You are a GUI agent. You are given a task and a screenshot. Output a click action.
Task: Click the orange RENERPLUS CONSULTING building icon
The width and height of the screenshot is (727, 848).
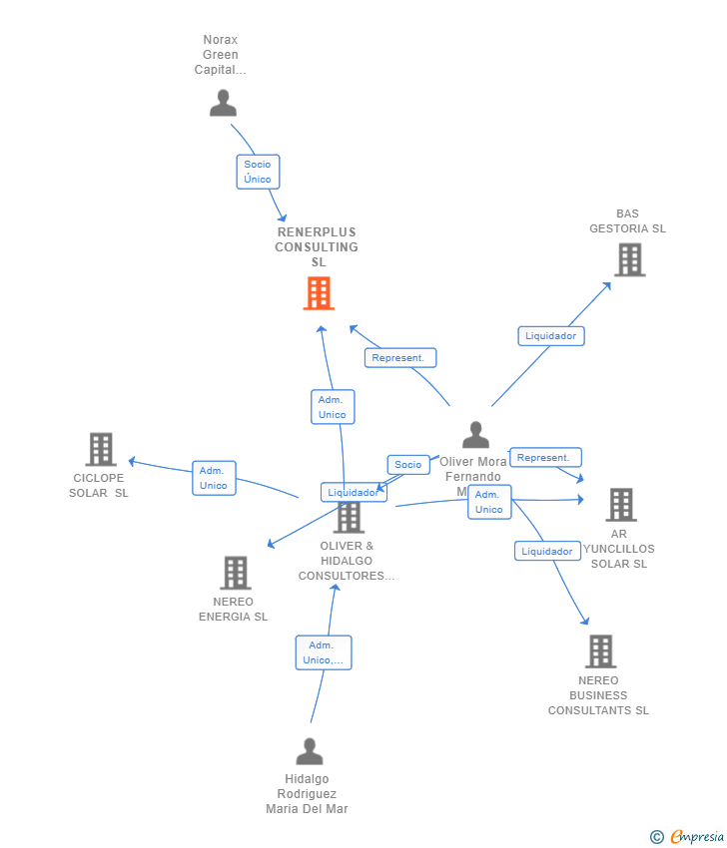pos(319,293)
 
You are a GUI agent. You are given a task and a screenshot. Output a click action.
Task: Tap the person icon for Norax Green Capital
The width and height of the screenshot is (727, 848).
pos(223,103)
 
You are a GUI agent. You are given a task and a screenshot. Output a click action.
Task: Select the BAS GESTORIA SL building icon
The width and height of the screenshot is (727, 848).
pos(629,259)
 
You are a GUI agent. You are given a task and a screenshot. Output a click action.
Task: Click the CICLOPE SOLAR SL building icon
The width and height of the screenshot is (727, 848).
pos(101,450)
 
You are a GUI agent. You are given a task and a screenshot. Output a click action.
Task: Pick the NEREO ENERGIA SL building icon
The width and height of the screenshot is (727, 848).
pos(236,573)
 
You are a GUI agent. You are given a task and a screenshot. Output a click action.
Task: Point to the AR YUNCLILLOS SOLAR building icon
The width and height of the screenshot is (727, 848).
pos(621,505)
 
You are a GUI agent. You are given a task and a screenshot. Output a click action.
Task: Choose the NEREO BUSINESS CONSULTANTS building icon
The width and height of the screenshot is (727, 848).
pos(600,651)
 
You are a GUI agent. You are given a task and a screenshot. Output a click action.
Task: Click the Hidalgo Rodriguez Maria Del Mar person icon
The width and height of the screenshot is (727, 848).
pos(310,751)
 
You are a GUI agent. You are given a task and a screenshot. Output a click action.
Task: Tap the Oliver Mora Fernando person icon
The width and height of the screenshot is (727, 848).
pos(476,435)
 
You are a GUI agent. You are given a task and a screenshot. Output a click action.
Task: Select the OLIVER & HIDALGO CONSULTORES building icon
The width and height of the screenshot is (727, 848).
pos(349,517)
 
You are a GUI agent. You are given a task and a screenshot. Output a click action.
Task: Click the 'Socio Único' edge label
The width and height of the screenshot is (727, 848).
pos(258,172)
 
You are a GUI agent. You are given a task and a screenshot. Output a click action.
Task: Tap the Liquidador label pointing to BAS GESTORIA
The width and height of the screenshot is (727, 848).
pos(551,336)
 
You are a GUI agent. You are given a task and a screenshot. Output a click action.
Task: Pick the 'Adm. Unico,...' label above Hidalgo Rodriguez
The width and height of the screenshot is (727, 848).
pos(324,652)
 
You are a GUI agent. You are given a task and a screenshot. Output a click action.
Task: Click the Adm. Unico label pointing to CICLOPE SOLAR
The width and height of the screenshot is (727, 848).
pos(214,478)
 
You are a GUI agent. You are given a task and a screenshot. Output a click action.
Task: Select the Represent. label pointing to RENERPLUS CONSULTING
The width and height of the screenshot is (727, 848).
pos(399,358)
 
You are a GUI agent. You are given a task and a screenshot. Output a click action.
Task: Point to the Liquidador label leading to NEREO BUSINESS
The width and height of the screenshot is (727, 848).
pos(547,552)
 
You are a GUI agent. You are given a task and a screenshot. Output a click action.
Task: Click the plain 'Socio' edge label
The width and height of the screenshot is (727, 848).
pos(408,465)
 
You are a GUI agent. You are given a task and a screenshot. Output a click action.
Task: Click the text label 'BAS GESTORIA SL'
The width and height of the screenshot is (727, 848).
pos(627,221)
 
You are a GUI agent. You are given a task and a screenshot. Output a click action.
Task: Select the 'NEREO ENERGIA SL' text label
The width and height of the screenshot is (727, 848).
pos(234,610)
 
